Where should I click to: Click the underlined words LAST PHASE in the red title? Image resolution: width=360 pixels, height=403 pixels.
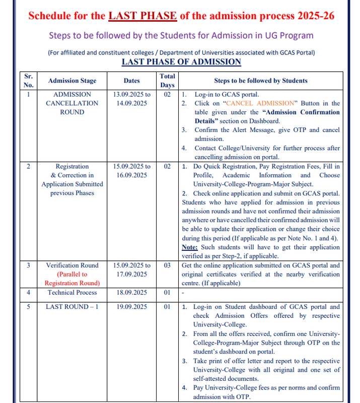coord(142,15)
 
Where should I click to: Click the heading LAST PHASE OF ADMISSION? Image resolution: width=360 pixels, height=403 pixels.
coord(181,61)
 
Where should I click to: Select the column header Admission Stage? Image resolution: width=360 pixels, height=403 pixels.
coord(72,81)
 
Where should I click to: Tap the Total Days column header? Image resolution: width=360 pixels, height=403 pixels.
coord(167,81)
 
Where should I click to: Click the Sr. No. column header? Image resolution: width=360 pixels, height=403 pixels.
coord(28,81)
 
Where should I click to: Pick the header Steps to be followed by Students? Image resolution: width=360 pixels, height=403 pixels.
coord(260,81)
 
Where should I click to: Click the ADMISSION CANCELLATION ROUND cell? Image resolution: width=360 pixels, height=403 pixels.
coord(72,103)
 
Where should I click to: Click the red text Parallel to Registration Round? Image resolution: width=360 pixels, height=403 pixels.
coord(72,279)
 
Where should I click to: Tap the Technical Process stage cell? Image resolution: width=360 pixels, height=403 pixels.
coord(72,292)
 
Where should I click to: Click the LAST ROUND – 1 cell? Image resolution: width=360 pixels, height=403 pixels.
coord(72,306)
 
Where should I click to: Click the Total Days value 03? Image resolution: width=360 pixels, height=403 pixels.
coord(167,265)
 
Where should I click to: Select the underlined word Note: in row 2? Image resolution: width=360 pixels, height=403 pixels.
coord(189,247)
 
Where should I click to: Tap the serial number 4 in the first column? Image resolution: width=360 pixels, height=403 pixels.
coord(28,292)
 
